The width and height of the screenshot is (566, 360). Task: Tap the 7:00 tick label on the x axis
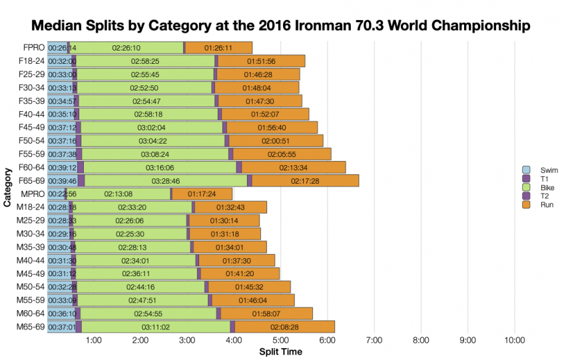[x=374, y=341]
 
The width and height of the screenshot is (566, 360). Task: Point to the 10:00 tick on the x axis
[x=514, y=341]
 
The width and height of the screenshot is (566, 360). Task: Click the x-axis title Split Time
[x=280, y=351]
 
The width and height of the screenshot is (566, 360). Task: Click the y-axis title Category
[x=7, y=187]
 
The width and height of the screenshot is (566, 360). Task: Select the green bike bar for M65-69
[x=156, y=327]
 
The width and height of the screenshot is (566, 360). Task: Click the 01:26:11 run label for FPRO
[x=218, y=48]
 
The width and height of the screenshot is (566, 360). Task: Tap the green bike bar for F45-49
[x=152, y=127]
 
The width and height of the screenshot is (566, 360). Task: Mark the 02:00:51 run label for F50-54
[x=276, y=140]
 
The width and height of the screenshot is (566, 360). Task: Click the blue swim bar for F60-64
[x=62, y=167]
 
